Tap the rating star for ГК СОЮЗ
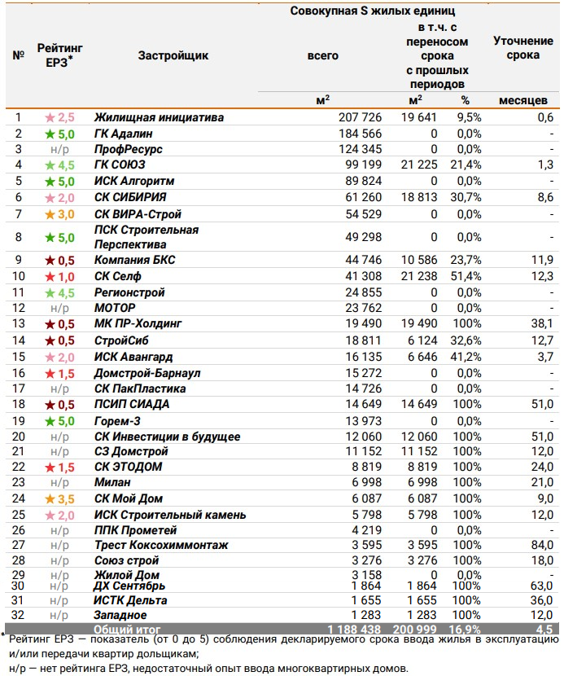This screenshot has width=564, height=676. (x=50, y=165)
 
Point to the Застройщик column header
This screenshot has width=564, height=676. (x=173, y=55)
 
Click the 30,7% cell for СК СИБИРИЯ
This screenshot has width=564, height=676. (x=465, y=198)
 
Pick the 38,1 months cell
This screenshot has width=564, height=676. (x=540, y=324)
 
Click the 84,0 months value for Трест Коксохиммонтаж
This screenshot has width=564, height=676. (x=540, y=545)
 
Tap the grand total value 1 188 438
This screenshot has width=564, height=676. (x=354, y=630)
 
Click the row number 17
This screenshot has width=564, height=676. (x=18, y=388)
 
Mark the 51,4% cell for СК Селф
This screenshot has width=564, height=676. (x=465, y=277)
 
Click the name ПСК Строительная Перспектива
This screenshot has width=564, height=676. (x=146, y=237)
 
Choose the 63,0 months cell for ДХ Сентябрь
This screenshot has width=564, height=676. (x=540, y=586)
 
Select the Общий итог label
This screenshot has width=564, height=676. (x=127, y=630)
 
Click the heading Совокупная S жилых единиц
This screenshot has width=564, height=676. (x=373, y=11)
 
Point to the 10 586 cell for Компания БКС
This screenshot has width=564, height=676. (x=418, y=261)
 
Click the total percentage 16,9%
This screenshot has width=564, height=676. (x=465, y=630)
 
